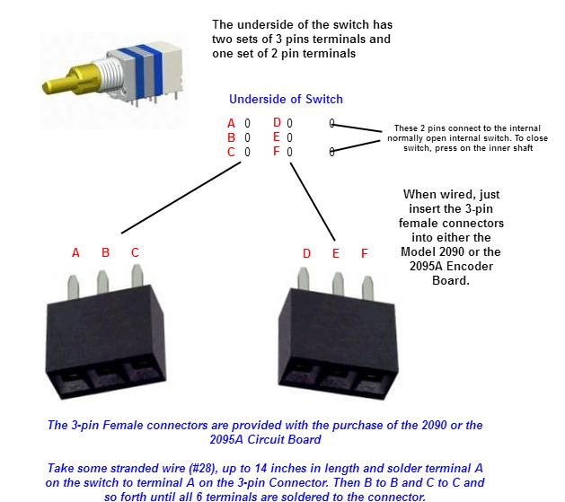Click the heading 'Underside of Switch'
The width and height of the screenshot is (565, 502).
286,99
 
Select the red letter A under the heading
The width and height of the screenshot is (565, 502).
231,123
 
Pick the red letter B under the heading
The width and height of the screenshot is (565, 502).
231,137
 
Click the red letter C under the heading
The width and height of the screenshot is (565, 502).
231,153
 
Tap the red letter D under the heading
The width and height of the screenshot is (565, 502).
277,123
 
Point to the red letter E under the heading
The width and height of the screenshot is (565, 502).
277,137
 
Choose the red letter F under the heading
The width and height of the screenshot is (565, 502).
277,153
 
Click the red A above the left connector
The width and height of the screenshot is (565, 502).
75,253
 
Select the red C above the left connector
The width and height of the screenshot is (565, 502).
135,253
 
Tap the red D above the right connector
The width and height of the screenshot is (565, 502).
306,254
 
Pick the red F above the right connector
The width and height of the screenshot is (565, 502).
365,254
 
